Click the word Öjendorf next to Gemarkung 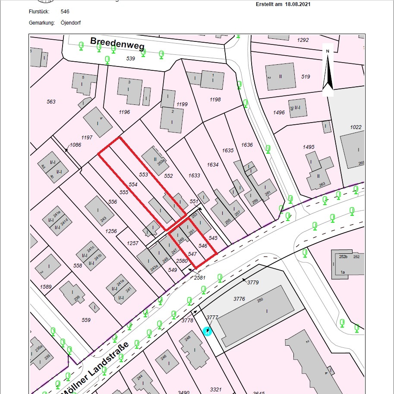click(70, 23)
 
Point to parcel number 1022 click(356, 127)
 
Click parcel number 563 click(51, 102)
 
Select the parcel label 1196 click(124, 112)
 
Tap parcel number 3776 click(239, 299)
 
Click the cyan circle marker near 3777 click(207, 331)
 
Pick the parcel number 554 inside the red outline click(133, 184)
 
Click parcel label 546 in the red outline click(203, 246)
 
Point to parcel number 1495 click(309, 147)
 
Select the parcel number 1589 click(46, 287)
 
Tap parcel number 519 click(306, 77)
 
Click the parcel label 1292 click(303, 40)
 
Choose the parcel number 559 click(86, 320)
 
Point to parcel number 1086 click(75, 145)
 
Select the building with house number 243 click(99, 211)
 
